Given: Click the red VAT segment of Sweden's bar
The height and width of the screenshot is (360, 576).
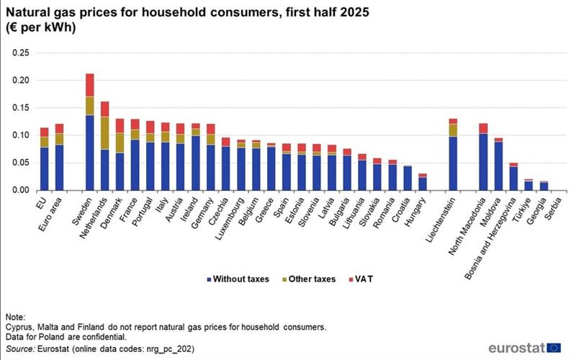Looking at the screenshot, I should coord(89,85).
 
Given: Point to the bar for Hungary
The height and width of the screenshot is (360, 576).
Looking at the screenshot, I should coord(423,183).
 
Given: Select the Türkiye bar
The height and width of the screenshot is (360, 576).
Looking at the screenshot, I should coord(528,186).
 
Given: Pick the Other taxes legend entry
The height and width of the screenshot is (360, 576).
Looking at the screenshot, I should coord(308,279).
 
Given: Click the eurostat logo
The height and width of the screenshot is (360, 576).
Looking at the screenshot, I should coord(525,347).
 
